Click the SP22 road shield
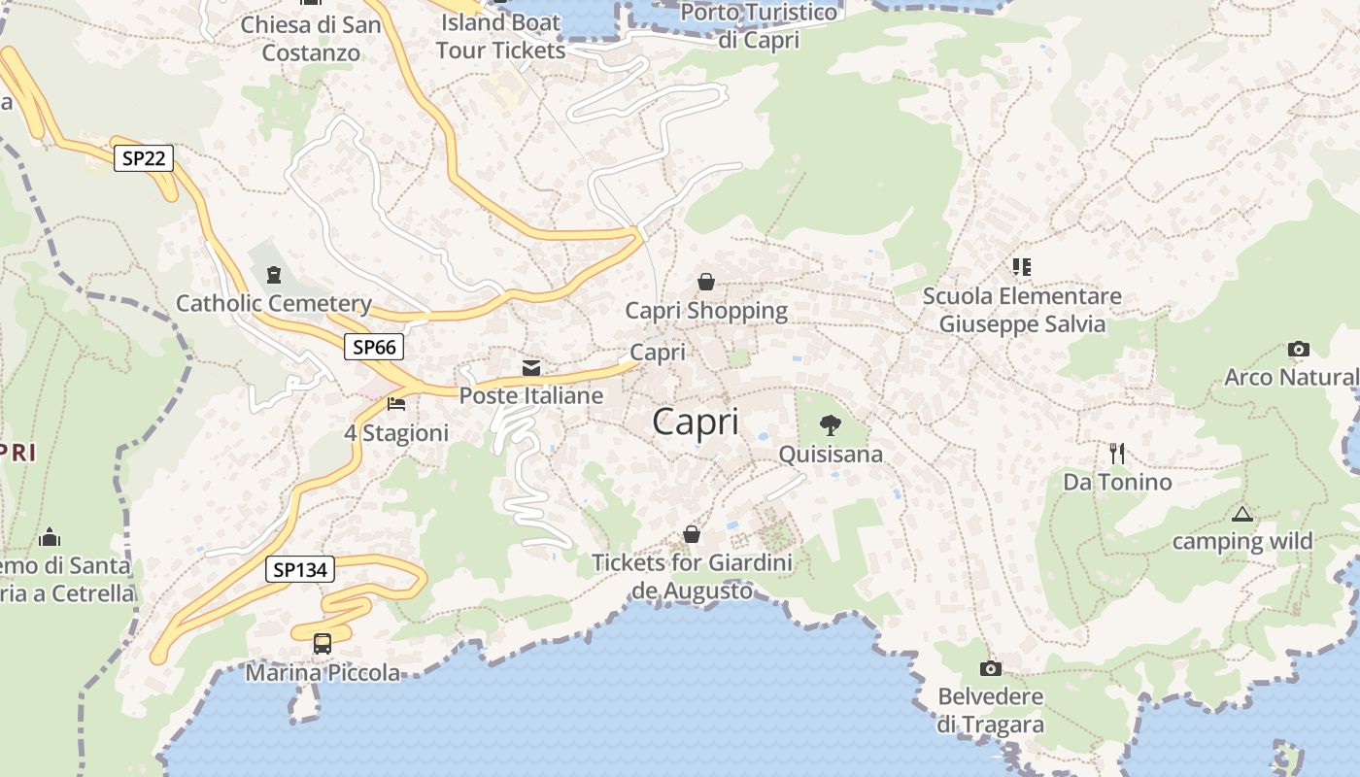pyautogui.click(x=144, y=157)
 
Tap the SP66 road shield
pyautogui.click(x=374, y=347)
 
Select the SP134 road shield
pyautogui.click(x=300, y=570)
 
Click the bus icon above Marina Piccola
pyautogui.click(x=322, y=643)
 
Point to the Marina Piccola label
pyautogui.click(x=322, y=672)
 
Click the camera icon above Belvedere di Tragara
pyautogui.click(x=990, y=668)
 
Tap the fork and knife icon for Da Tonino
pyautogui.click(x=1117, y=453)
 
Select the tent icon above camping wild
pyautogui.click(x=1241, y=514)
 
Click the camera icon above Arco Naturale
pyautogui.click(x=1298, y=349)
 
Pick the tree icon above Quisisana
pyautogui.click(x=831, y=424)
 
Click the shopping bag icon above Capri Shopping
pyautogui.click(x=706, y=282)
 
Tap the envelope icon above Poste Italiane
pyautogui.click(x=531, y=368)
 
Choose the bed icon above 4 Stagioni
pyautogui.click(x=396, y=403)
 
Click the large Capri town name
pyautogui.click(x=696, y=422)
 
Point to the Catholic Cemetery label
pyautogui.click(x=273, y=303)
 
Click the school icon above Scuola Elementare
pyautogui.click(x=1021, y=266)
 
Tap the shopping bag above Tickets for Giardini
pyautogui.click(x=692, y=534)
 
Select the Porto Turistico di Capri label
pyautogui.click(x=759, y=26)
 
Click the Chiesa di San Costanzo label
pyautogui.click(x=311, y=38)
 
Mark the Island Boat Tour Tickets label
pyautogui.click(x=500, y=36)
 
